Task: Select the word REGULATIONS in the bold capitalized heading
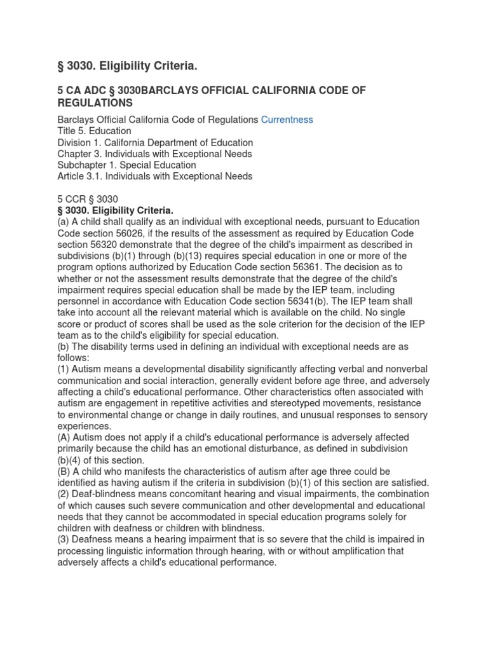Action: pos(95,102)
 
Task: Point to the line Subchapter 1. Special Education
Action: pos(126,165)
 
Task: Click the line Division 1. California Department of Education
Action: pos(155,142)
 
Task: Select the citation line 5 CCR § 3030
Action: pos(88,199)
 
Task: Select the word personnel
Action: pos(79,290)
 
